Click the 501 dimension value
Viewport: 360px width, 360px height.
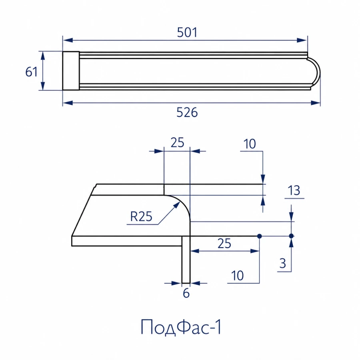[187, 32]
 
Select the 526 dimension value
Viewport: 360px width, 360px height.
[187, 112]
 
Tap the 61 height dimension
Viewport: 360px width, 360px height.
[31, 72]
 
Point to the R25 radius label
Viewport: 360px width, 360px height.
[141, 216]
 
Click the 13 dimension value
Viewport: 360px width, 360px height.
[294, 190]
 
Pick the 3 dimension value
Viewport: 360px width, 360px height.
[283, 263]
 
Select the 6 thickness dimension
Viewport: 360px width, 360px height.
[186, 293]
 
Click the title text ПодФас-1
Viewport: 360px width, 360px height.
[181, 327]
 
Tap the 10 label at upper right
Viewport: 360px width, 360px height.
[249, 144]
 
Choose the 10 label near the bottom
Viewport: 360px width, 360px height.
[237, 276]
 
